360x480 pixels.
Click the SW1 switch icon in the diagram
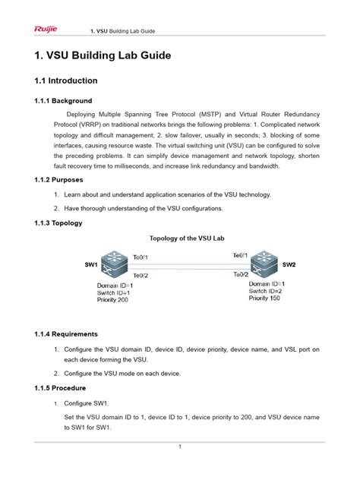111,265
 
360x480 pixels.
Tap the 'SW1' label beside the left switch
91,265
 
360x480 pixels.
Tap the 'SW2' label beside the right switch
289,265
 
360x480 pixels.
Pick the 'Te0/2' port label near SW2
241,273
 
